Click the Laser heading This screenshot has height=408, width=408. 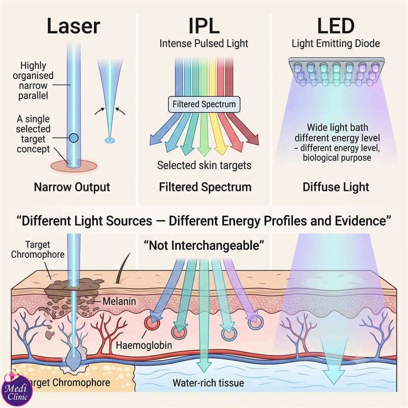coord(73,26)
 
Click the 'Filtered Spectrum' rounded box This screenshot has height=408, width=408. coord(204,105)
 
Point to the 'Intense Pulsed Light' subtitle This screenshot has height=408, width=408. coord(204,43)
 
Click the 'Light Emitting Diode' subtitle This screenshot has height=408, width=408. coord(336,43)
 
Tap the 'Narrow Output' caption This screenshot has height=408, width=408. coord(72,187)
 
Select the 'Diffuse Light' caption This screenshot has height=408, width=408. coord(336,187)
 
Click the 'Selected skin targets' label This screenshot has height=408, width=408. coord(205,165)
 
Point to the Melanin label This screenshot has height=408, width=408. coord(119,301)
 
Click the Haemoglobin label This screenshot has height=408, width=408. coord(144,345)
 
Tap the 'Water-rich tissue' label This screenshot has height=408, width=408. coord(208,383)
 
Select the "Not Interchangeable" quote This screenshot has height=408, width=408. coord(203,245)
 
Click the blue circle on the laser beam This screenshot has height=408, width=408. coord(73,138)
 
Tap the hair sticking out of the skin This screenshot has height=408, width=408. coord(123,268)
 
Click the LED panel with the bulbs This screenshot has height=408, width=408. coord(337,71)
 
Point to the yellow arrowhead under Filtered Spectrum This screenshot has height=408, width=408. coord(221,149)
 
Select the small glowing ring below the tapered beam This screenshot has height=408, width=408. coord(110,141)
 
